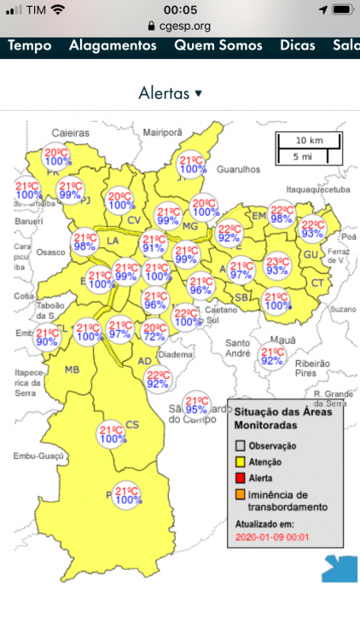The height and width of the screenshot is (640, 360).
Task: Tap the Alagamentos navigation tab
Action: click(x=113, y=46)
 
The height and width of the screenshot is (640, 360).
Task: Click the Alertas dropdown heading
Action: click(x=171, y=93)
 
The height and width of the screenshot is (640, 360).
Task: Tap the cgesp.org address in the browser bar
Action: click(x=184, y=26)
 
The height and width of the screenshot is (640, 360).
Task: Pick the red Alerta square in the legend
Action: click(x=241, y=477)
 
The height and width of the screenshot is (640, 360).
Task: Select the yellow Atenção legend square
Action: click(x=241, y=462)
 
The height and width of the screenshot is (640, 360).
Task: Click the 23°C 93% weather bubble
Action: click(x=277, y=265)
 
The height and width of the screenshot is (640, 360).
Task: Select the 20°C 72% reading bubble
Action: click(x=154, y=332)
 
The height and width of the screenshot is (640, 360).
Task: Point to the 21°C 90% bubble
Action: click(x=48, y=336)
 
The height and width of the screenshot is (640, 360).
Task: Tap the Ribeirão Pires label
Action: click(x=312, y=368)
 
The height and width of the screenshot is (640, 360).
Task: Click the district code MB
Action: click(x=73, y=369)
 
